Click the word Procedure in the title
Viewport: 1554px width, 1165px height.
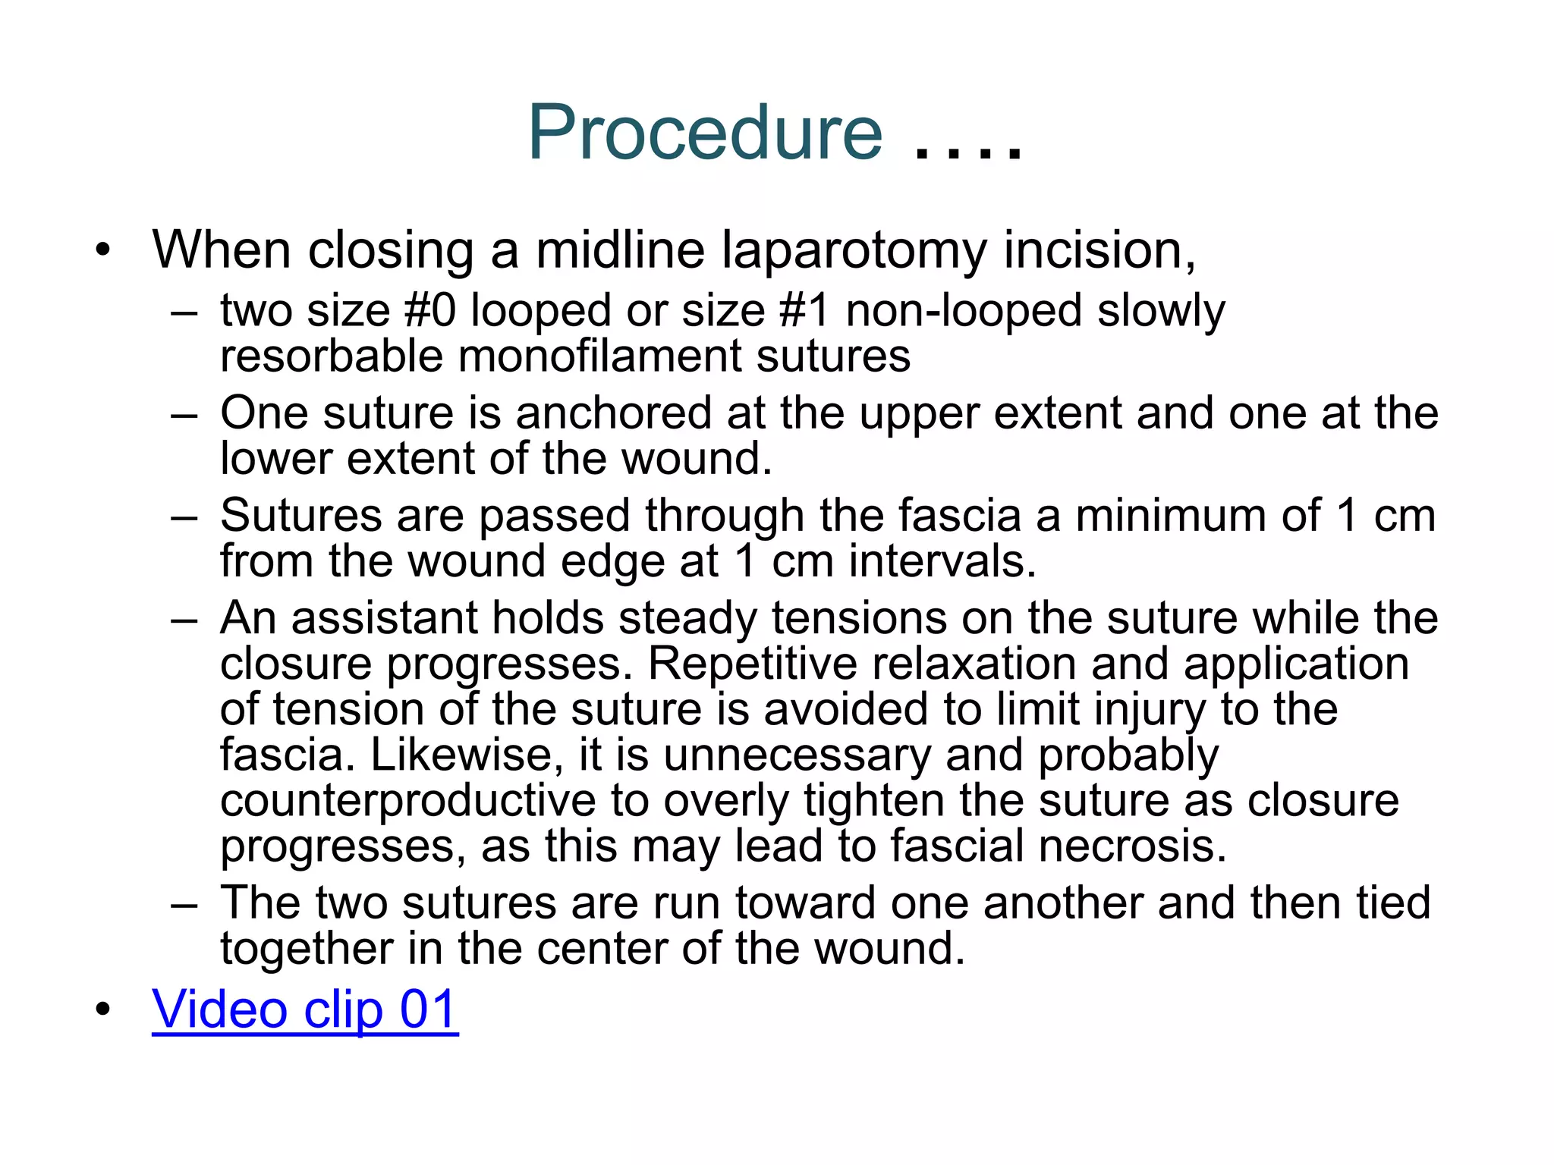click(x=705, y=133)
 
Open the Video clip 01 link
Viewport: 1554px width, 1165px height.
click(x=305, y=1010)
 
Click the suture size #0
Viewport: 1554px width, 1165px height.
click(x=430, y=311)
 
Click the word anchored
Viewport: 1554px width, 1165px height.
click(x=613, y=413)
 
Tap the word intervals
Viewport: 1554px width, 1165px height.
click(x=942, y=561)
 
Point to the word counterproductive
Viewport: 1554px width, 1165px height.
click(x=407, y=801)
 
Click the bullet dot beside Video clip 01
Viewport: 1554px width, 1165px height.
click(x=103, y=1010)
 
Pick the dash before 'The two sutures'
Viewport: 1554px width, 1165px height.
click(x=184, y=904)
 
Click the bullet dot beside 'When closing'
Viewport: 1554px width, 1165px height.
click(x=103, y=250)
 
